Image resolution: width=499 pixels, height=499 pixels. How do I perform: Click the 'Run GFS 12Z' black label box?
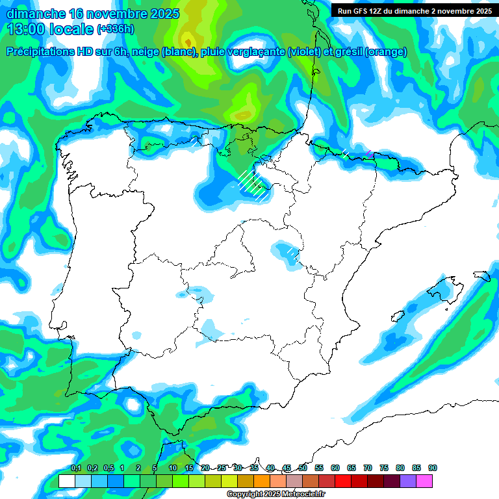click(413, 11)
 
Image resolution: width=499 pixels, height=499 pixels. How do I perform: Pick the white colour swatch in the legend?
click(66, 481)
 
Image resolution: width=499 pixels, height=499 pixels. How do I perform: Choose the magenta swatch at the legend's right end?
click(424, 481)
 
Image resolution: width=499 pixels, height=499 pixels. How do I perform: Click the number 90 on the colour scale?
click(432, 468)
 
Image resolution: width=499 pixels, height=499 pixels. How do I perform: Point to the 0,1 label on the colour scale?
click(76, 468)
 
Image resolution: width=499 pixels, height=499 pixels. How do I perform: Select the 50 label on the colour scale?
click(303, 468)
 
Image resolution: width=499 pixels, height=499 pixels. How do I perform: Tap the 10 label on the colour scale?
click(173, 468)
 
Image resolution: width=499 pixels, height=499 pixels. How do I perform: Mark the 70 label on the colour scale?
click(368, 468)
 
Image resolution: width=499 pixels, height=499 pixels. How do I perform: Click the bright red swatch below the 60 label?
click(343, 481)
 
